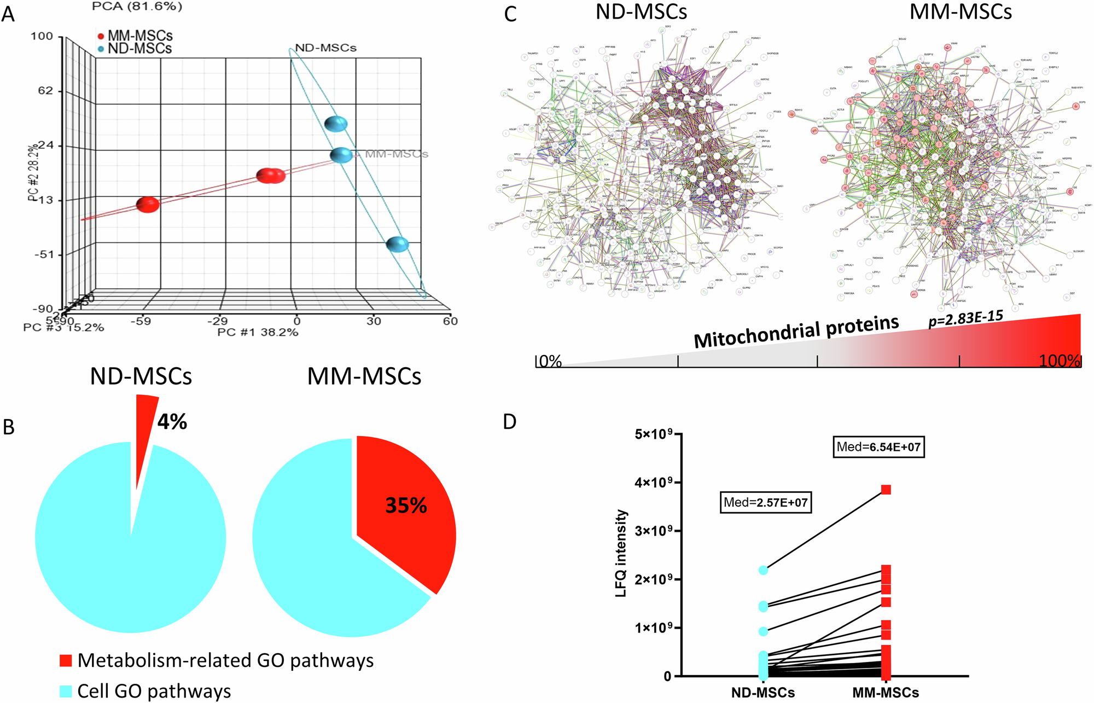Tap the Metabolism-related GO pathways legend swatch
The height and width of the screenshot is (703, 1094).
[x=66, y=660]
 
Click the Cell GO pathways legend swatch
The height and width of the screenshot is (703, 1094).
[x=66, y=691]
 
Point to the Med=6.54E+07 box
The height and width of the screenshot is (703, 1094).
[x=878, y=447]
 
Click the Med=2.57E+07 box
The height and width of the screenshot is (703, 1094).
[x=765, y=502]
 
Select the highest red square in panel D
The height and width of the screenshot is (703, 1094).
[x=886, y=489]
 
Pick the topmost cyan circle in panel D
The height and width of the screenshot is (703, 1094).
[x=763, y=570]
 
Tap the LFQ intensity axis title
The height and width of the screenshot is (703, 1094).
[x=621, y=553]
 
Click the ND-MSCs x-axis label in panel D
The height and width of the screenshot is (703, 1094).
[x=763, y=693]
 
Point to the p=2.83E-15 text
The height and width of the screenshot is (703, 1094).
[x=965, y=318]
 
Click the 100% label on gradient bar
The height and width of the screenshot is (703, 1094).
[x=1059, y=361]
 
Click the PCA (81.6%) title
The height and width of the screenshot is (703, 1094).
[x=137, y=7]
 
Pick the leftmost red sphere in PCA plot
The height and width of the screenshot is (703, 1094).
[x=148, y=205]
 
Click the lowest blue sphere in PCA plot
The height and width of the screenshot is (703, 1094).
[x=398, y=244]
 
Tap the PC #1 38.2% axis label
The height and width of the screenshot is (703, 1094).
[x=258, y=332]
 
